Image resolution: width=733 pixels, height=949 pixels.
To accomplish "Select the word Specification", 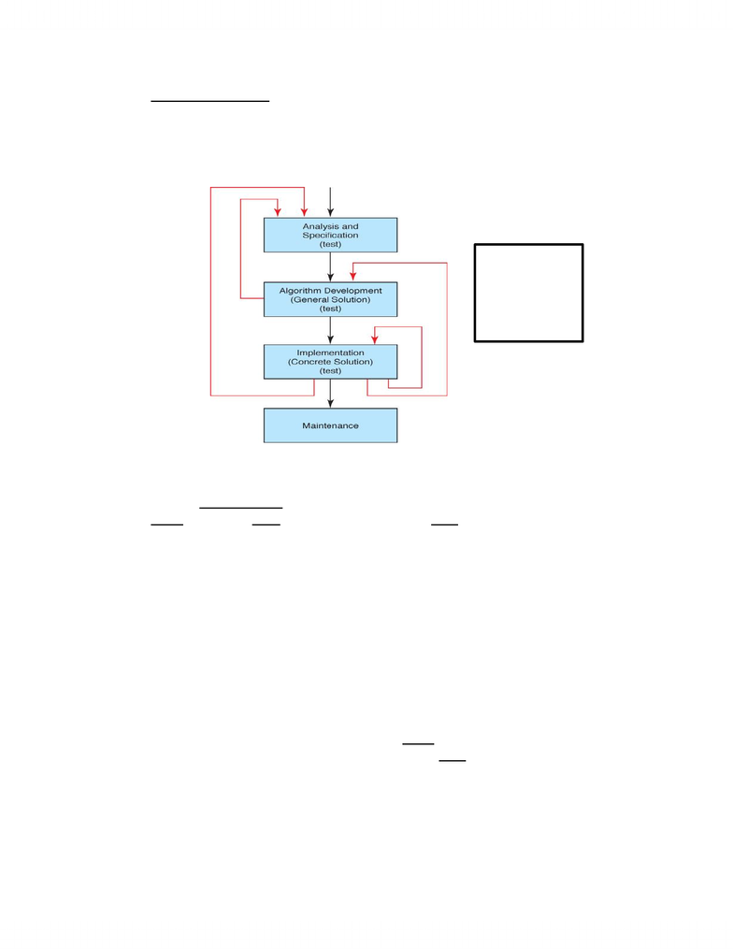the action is click(330, 236).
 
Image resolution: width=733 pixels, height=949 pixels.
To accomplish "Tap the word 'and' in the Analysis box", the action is click(351, 226).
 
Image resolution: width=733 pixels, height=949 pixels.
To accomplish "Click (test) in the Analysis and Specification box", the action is click(330, 245).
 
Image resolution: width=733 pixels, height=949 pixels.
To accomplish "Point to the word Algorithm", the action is click(299, 291).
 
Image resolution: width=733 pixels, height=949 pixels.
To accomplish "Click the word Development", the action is click(352, 291).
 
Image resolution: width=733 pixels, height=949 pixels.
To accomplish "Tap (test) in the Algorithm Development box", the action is click(330, 309).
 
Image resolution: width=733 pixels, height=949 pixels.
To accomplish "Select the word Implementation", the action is click(330, 352).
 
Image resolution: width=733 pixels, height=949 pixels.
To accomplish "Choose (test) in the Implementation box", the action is click(330, 371).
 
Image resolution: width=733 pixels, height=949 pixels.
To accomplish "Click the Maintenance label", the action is click(330, 425).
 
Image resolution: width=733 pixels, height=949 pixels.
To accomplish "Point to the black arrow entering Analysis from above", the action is click(330, 202).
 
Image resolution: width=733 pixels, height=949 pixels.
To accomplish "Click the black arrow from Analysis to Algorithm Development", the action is click(330, 266).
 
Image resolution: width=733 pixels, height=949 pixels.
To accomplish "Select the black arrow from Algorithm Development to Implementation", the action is click(330, 330).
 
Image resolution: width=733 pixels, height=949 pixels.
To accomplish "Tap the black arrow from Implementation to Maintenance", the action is click(330, 394).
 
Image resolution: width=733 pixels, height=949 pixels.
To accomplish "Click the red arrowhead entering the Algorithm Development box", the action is click(352, 276).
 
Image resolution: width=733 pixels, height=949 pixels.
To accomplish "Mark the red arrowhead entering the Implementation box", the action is click(375, 338).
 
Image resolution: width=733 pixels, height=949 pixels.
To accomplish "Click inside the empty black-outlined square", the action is click(528, 293).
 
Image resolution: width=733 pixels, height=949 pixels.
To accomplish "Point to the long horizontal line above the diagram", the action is click(210, 101).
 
